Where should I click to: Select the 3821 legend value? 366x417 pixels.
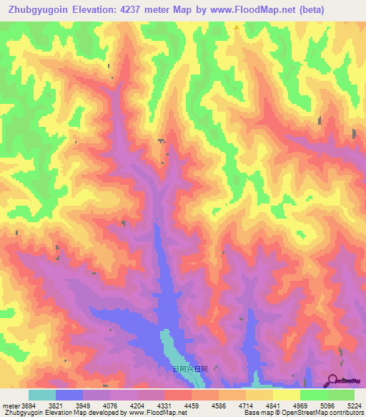[x=55, y=406]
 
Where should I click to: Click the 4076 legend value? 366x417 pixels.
[x=110, y=406]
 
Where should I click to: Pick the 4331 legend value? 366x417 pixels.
[x=164, y=406]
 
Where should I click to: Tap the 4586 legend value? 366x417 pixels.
[x=219, y=406]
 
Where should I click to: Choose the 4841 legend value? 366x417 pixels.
[x=273, y=406]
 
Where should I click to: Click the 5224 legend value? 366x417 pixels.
[x=355, y=406]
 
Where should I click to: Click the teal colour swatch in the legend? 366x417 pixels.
[x=41, y=395]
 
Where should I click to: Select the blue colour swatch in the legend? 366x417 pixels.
[x=69, y=395]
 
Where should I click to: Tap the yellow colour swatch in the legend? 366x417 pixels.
[x=286, y=395]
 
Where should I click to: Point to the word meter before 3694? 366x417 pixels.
[x=10, y=406]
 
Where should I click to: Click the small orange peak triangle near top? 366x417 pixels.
[x=237, y=28]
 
